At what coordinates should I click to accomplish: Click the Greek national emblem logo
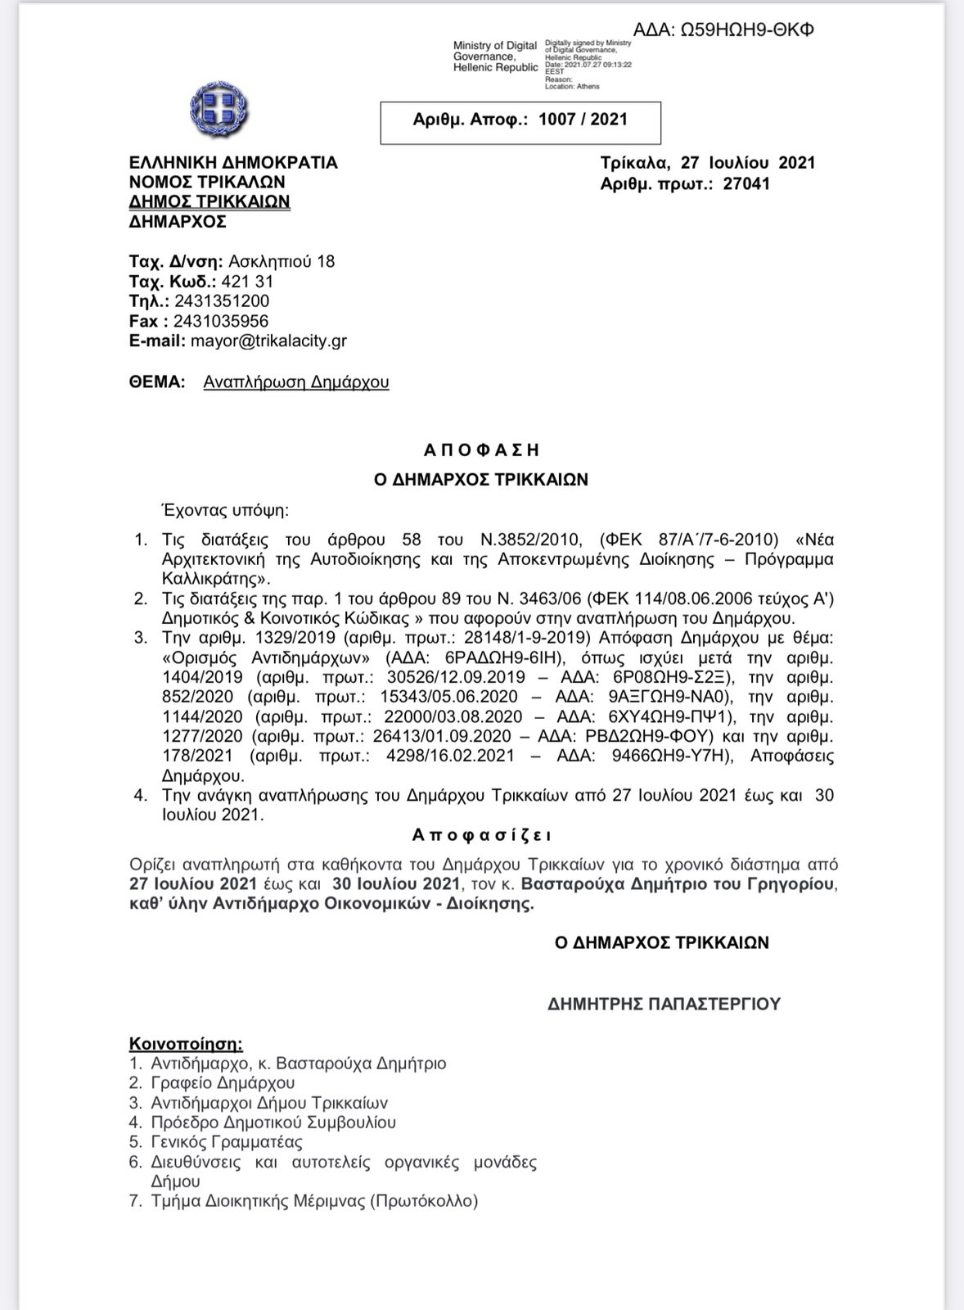pos(218,112)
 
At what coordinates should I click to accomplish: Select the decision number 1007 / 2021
pos(583,120)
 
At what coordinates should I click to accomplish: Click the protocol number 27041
pos(746,183)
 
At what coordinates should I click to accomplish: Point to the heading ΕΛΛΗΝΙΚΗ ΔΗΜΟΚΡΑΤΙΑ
pos(233,162)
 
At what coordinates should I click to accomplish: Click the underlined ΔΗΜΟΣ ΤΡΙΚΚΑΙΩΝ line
pos(209,201)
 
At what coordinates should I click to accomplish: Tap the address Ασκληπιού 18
pos(282,262)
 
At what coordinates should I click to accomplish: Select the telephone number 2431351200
pos(222,301)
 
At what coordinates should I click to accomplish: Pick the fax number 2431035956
pos(221,321)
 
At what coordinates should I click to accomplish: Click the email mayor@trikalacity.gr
pos(268,341)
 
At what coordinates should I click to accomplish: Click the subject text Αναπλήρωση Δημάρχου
pos(296,382)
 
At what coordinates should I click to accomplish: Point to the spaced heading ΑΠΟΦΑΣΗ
pos(482,449)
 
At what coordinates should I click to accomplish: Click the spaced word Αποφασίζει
pos(482,835)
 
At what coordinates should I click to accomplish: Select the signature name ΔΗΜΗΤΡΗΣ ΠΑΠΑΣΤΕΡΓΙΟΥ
pos(664,1003)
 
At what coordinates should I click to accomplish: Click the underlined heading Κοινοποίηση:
pos(186,1044)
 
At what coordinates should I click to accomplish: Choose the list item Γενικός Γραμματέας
pos(227,1142)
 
